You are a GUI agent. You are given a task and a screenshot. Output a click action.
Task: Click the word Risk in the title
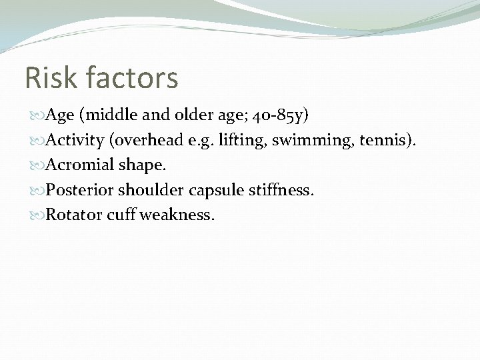(x=49, y=77)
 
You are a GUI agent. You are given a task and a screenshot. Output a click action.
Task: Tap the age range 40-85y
(x=280, y=115)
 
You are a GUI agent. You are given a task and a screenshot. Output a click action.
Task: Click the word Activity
(x=74, y=140)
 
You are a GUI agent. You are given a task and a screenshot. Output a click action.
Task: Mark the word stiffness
(x=281, y=191)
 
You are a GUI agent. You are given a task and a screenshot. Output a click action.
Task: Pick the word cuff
(x=123, y=216)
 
